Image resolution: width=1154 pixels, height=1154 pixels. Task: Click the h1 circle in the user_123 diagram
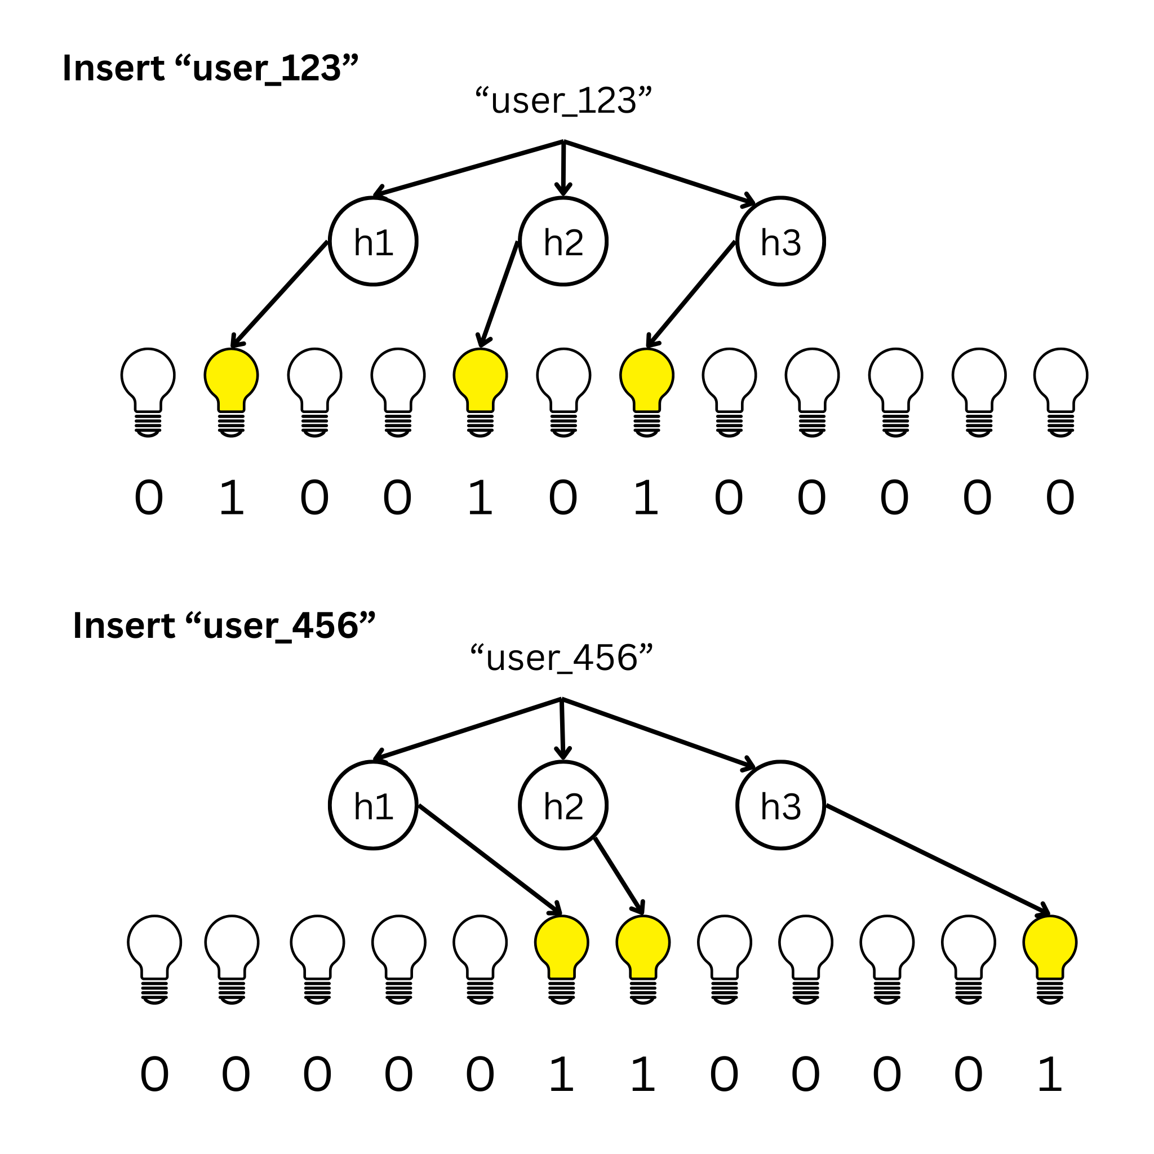[x=374, y=241]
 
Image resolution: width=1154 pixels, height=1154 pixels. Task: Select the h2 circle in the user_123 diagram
[x=563, y=241]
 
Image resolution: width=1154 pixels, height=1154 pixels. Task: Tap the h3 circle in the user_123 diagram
[x=780, y=241]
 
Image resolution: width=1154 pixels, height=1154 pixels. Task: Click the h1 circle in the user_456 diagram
[x=374, y=805]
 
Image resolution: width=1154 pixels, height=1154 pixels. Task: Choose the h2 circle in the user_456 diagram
[x=563, y=805]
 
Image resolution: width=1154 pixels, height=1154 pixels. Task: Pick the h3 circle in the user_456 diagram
[x=780, y=805]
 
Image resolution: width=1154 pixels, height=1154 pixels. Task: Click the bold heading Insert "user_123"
[x=210, y=68]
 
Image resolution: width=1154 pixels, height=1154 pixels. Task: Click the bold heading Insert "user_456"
[x=224, y=625]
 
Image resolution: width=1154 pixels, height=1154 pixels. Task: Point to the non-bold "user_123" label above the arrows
[x=563, y=100]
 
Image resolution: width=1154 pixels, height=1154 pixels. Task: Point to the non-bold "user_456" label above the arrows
[x=561, y=658]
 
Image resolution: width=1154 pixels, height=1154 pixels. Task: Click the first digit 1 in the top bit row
[x=231, y=498]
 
